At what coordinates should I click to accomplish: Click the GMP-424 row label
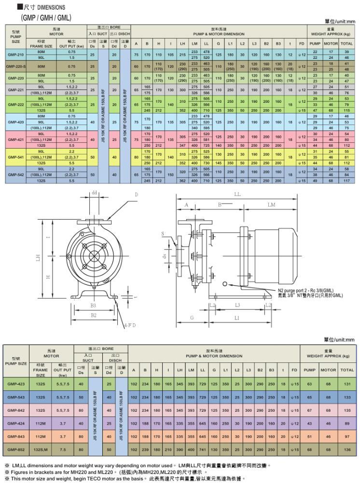16,423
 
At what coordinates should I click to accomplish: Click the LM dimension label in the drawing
271,205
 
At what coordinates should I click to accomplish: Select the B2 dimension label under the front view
94,315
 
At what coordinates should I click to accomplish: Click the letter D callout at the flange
136,194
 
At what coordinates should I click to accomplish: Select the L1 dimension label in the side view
236,319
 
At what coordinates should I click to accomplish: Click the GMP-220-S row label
15,67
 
